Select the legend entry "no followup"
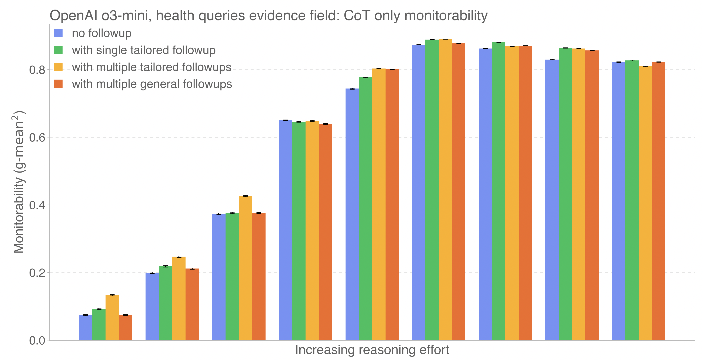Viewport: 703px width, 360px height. tap(101, 33)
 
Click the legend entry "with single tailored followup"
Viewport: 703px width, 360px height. tap(144, 50)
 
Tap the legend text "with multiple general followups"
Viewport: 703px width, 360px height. tap(152, 84)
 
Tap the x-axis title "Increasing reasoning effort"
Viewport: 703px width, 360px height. tap(372, 350)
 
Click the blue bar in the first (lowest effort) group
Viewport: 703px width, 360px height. tap(85, 327)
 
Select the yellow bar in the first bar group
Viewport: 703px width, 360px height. tap(112, 318)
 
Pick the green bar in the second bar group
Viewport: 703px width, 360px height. tap(165, 303)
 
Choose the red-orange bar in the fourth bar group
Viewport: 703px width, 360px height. tap(325, 232)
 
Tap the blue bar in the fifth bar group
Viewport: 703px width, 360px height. tap(352, 214)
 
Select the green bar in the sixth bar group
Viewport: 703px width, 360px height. tap(432, 190)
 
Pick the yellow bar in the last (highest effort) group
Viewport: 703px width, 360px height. tap(645, 203)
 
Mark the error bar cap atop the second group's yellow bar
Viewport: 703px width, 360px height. tap(179, 257)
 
